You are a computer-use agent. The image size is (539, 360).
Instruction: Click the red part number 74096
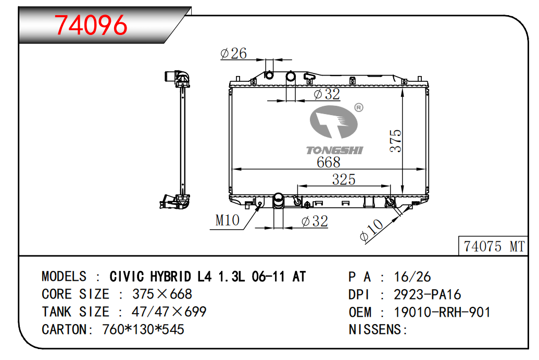91,25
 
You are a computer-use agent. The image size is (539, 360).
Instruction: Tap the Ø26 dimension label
233,53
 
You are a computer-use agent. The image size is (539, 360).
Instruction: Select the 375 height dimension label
396,141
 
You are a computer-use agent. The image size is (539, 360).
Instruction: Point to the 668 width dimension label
328,163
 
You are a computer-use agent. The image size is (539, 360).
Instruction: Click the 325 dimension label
344,180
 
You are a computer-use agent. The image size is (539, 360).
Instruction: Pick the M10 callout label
227,220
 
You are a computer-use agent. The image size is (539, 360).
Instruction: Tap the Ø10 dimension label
371,230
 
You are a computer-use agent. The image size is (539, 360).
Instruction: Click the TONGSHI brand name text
334,150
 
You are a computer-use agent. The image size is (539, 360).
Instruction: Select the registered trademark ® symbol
358,108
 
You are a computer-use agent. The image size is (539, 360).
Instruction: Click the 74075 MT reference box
493,246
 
